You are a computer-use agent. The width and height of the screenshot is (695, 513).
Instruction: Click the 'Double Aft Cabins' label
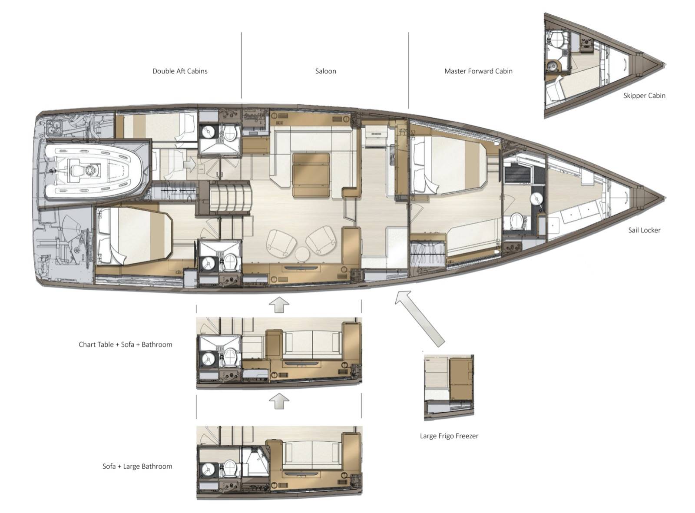pos(180,71)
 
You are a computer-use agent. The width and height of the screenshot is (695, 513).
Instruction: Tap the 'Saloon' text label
pos(326,71)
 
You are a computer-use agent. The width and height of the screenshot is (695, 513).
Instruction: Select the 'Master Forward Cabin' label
pos(478,71)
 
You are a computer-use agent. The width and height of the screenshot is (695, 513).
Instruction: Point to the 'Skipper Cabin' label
pos(644,96)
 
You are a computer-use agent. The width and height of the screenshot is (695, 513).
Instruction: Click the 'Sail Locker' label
pos(644,230)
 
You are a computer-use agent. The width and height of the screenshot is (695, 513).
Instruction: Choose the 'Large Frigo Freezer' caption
pos(449,436)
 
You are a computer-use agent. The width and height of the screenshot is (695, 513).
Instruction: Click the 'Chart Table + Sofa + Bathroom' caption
pos(126,344)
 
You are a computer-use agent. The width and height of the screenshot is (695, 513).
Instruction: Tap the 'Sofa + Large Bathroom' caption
pos(137,466)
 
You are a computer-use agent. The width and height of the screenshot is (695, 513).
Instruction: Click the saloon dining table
pos(311,175)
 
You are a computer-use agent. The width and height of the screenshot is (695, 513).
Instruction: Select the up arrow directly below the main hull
pos(279,304)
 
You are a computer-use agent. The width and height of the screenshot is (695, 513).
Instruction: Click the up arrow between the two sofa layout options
pos(279,401)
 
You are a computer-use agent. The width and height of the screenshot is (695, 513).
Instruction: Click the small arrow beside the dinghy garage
pos(189,164)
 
